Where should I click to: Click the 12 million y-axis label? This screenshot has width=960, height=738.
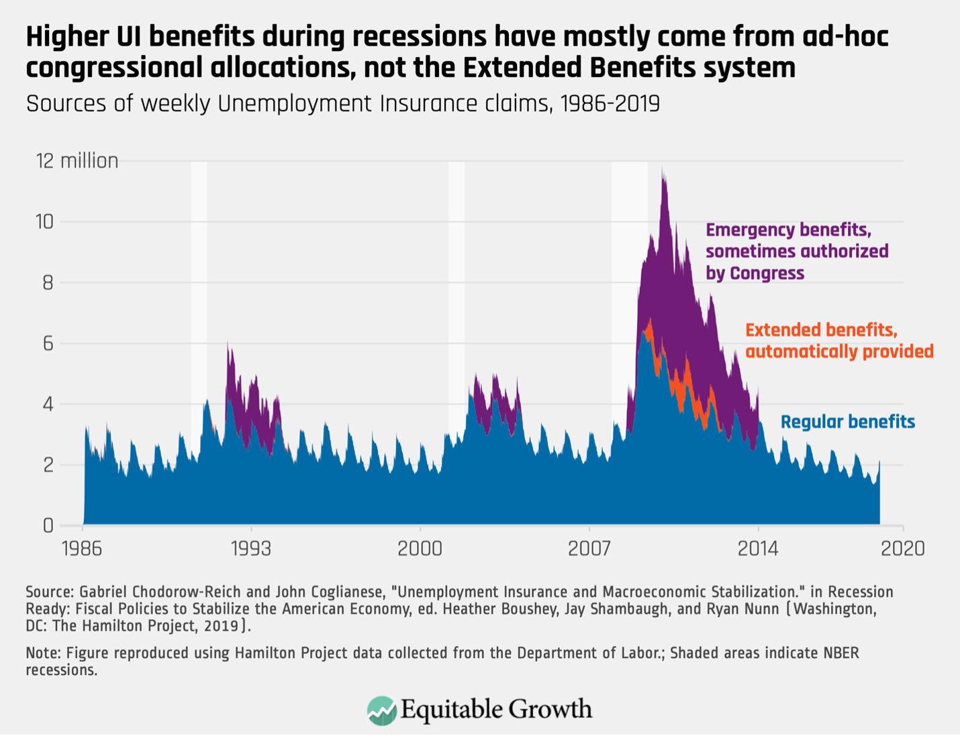(x=77, y=161)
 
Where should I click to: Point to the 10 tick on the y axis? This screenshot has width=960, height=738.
(x=44, y=222)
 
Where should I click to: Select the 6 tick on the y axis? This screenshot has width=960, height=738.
(x=48, y=344)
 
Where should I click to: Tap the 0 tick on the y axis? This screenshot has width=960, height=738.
(x=48, y=525)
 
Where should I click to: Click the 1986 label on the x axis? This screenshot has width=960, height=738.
(x=82, y=549)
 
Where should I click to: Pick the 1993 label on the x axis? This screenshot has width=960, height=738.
(x=251, y=549)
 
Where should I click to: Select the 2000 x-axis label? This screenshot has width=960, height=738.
(x=420, y=549)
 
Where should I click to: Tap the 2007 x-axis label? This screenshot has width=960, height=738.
(x=589, y=549)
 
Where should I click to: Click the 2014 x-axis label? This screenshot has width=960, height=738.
(x=758, y=549)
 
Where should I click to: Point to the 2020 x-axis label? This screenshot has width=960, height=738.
(x=904, y=549)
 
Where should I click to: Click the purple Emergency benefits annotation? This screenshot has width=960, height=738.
(x=796, y=252)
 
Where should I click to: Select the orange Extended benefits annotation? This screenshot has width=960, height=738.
(x=839, y=341)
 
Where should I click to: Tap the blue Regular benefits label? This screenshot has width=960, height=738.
(x=847, y=422)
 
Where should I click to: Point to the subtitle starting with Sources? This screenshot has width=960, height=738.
(x=342, y=104)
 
